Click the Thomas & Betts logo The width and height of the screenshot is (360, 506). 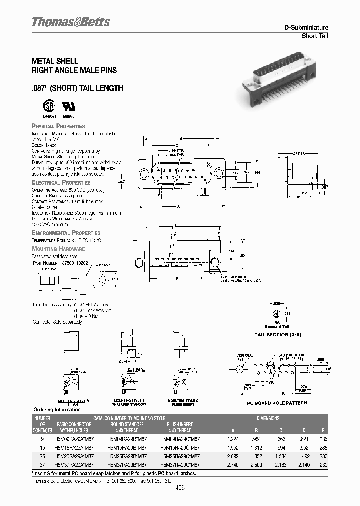click(71, 22)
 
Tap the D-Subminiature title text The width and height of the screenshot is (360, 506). click(306, 28)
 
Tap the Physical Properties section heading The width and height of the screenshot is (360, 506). click(58, 126)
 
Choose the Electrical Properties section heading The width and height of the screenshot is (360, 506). click(61, 183)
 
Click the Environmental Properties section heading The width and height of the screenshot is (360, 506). click(66, 233)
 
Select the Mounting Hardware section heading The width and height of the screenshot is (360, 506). click(58, 249)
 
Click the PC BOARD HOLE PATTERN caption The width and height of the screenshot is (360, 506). click(277, 403)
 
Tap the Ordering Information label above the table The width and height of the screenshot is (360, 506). click(56, 410)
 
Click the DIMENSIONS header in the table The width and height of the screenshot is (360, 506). click(268, 418)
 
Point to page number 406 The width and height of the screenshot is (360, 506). click(180, 489)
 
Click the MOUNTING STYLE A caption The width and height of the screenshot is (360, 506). click(73, 401)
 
